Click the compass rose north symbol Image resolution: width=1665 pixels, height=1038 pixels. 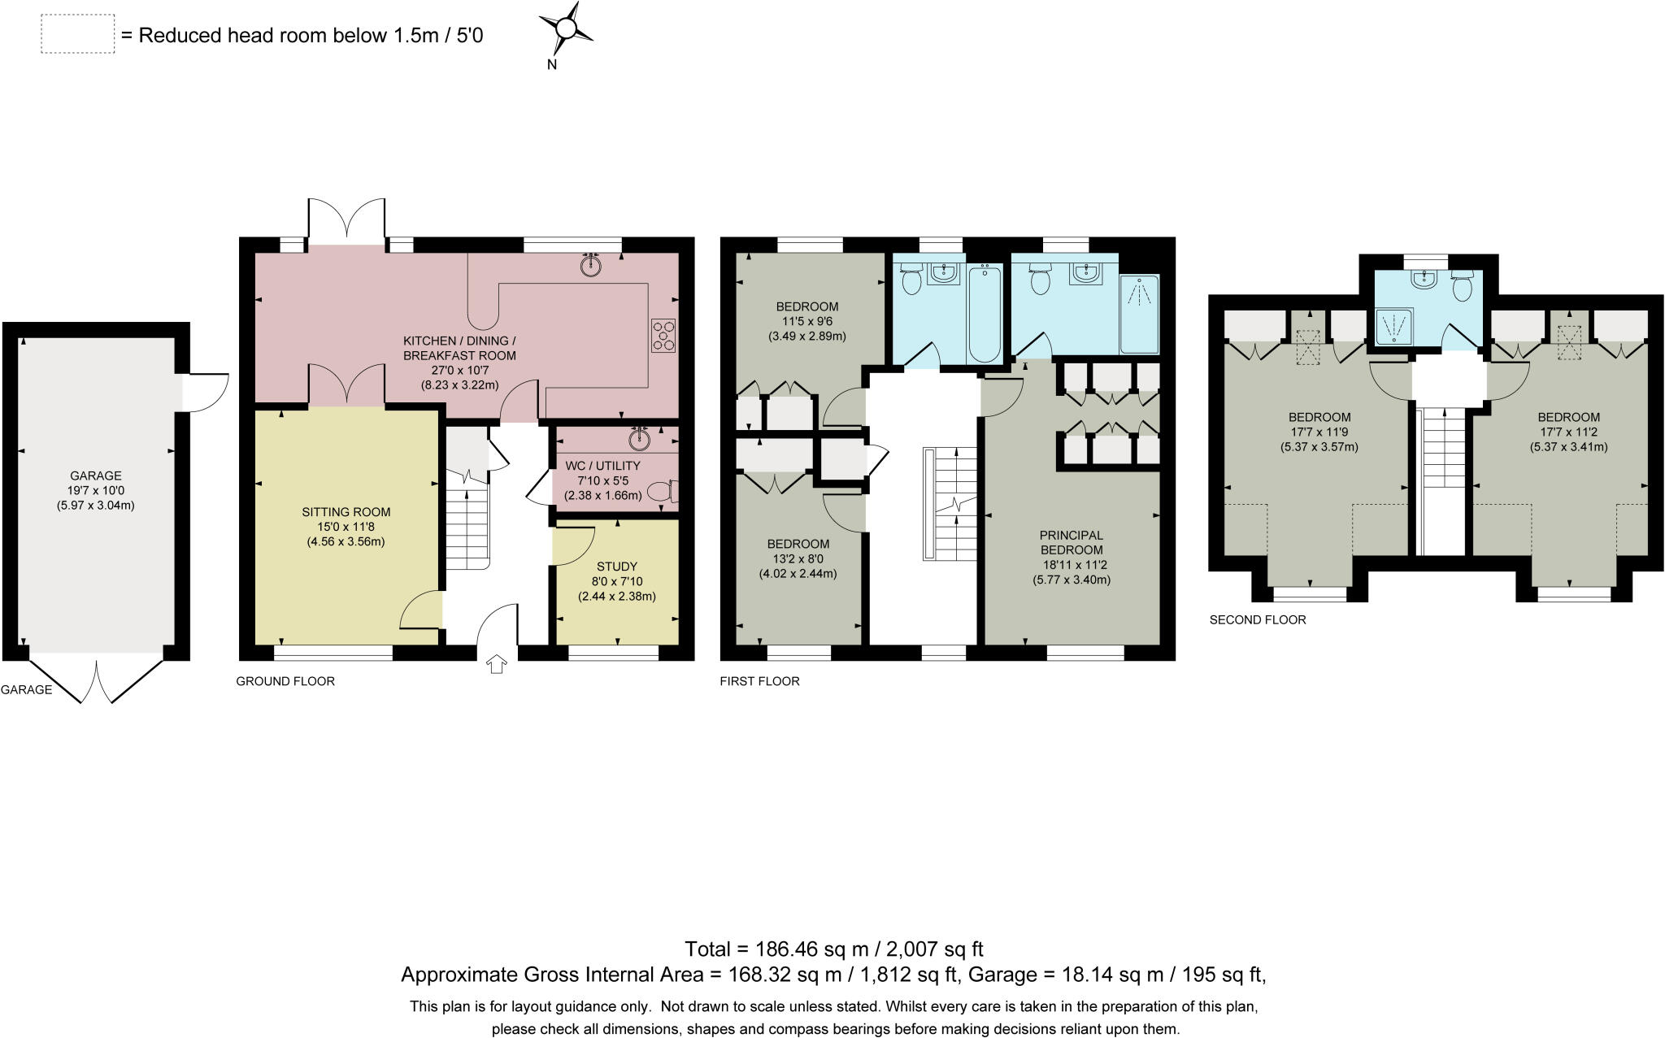[x=566, y=30]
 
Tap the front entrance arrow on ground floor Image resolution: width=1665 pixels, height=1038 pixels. [x=496, y=665]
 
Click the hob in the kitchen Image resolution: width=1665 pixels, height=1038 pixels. [x=663, y=336]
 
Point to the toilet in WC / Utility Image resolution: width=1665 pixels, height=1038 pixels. [x=663, y=491]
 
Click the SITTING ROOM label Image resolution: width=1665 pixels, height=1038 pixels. [x=346, y=512]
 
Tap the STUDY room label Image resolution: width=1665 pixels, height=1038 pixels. [x=617, y=567]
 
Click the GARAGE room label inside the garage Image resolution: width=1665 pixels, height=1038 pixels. [x=96, y=476]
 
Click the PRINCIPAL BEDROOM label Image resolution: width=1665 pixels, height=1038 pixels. [x=1072, y=542]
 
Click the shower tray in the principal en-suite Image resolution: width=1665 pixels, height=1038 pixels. [x=1140, y=314]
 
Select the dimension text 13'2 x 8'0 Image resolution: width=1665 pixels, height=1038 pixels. [x=798, y=558]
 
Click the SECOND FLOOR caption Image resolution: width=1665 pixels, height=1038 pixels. [x=1258, y=619]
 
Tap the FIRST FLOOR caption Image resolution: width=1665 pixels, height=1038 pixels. [x=759, y=681]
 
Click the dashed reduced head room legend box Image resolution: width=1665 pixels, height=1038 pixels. [x=78, y=35]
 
